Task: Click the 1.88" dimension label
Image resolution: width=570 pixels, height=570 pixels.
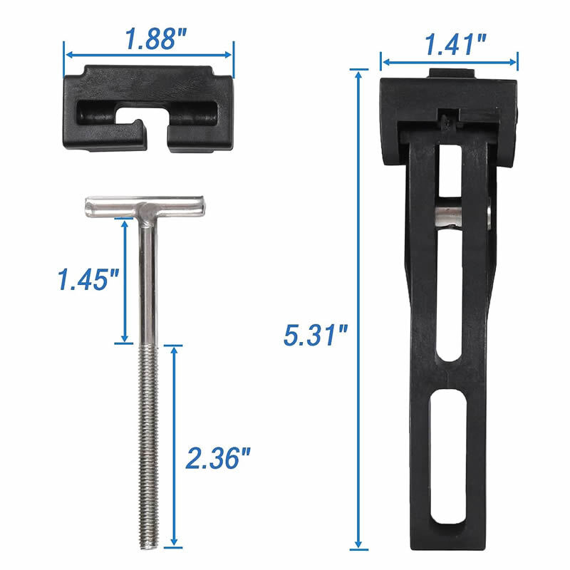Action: (x=156, y=39)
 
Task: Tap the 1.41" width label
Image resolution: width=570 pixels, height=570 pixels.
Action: (x=455, y=45)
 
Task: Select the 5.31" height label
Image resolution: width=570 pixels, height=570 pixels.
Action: (x=316, y=335)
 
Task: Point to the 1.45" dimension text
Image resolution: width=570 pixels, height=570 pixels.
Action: (x=88, y=279)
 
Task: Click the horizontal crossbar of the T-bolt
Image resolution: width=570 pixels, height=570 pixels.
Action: (x=145, y=207)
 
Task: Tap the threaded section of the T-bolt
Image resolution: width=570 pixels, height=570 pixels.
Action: (x=149, y=447)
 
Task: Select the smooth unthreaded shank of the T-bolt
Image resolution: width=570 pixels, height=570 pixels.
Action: (x=148, y=281)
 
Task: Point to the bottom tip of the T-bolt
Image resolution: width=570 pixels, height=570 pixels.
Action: (x=149, y=548)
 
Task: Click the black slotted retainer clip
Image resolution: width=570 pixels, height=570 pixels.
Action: (x=148, y=108)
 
